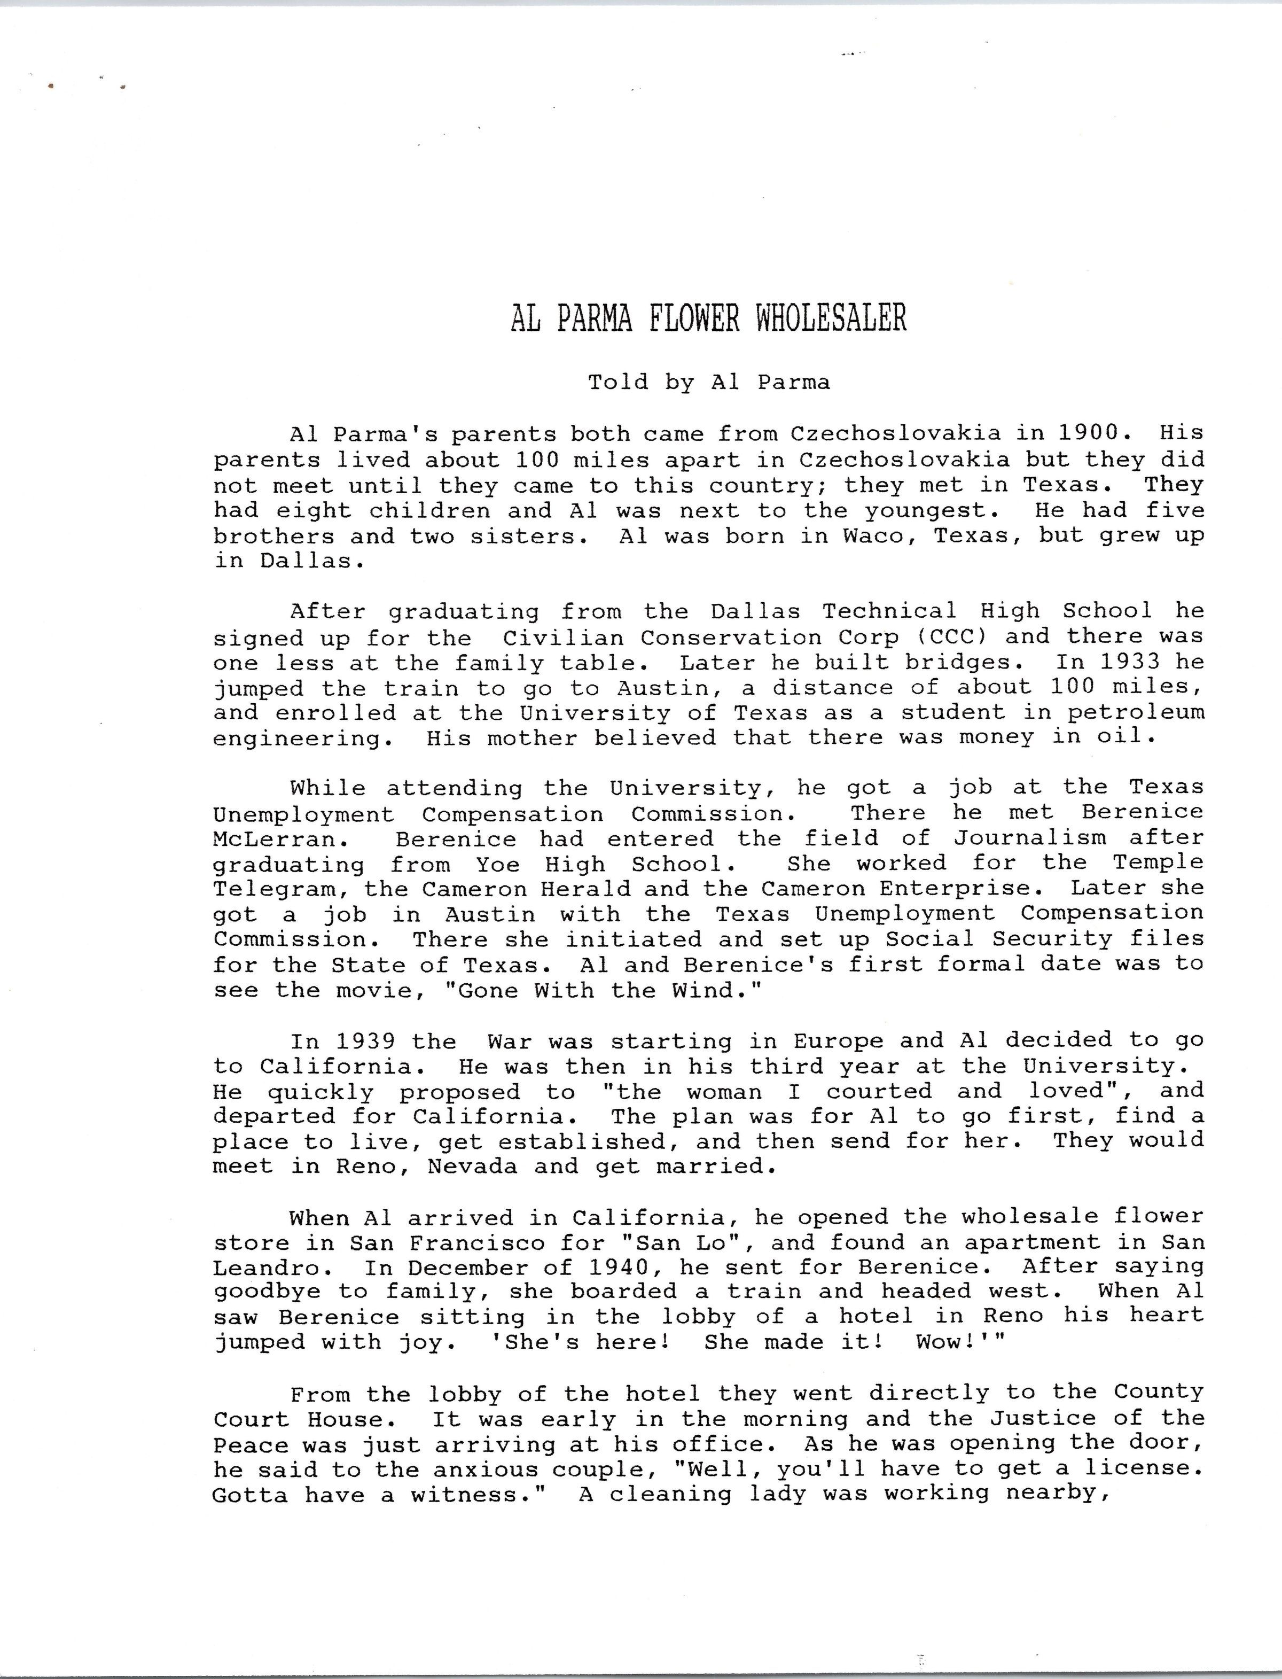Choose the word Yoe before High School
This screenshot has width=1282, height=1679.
pos(498,864)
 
